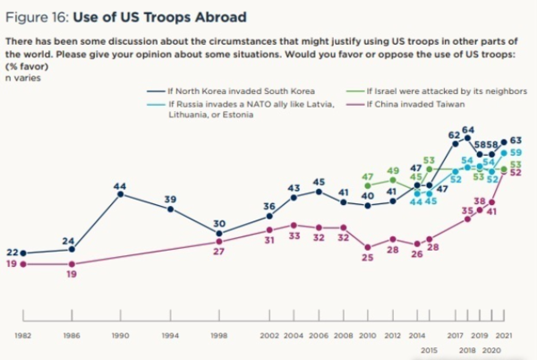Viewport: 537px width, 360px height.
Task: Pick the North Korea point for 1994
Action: point(170,209)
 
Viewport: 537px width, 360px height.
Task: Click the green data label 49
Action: point(392,170)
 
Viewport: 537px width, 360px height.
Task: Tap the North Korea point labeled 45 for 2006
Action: point(318,193)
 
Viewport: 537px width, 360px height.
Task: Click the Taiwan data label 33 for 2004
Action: point(294,238)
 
